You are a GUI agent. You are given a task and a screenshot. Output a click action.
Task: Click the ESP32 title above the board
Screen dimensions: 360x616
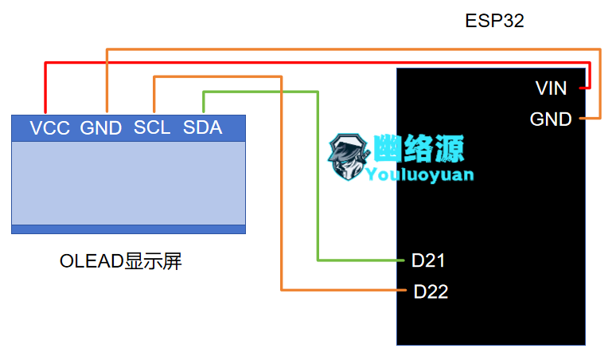pos(494,21)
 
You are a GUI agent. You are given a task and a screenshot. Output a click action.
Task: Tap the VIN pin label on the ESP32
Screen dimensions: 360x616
pos(551,88)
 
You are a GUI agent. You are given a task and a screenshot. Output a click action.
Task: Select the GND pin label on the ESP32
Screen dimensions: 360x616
pos(551,119)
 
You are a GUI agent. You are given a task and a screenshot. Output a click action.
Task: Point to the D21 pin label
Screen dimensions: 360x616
pos(428,260)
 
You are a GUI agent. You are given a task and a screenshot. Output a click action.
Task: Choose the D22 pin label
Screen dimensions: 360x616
pos(431,292)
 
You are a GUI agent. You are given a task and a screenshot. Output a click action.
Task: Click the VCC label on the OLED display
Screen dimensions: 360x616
pos(49,127)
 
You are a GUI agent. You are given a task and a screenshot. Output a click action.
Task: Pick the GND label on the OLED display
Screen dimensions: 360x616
pos(101,127)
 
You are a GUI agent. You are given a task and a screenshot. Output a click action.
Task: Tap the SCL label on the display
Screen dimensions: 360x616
pos(152,127)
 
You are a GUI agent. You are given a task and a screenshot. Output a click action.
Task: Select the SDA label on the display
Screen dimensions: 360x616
pos(202,127)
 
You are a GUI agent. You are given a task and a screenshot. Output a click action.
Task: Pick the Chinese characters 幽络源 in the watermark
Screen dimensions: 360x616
pos(419,148)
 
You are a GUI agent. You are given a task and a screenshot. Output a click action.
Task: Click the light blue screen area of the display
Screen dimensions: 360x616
pos(128,183)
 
